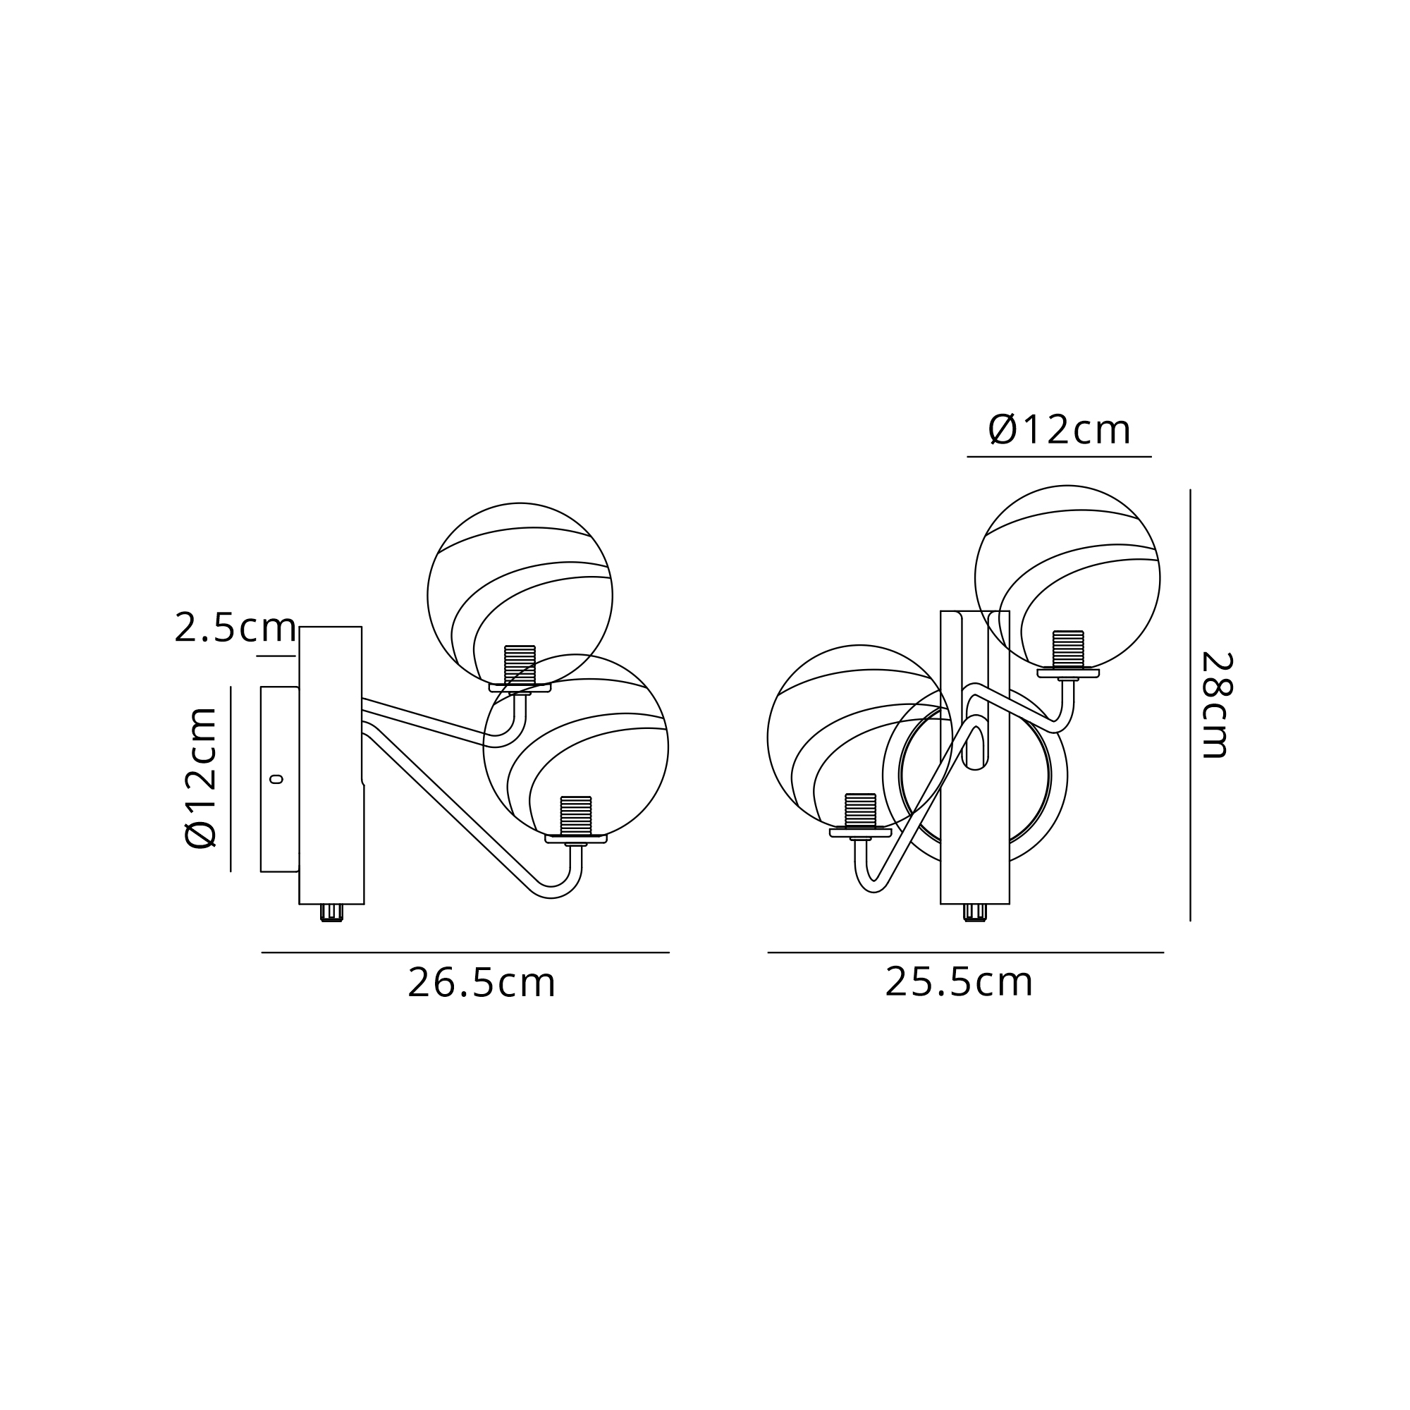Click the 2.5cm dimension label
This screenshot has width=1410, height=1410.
(235, 627)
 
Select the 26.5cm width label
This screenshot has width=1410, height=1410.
(482, 983)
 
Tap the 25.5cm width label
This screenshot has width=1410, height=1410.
(959, 982)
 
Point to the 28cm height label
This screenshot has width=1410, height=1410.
(1217, 705)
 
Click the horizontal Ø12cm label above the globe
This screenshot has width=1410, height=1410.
(1060, 429)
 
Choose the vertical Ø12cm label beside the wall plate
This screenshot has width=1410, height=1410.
(202, 778)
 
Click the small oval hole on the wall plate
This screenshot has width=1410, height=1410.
(276, 780)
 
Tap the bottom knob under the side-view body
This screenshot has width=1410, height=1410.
(332, 912)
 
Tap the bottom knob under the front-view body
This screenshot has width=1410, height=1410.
(975, 912)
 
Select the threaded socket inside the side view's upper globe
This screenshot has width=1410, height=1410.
(520, 666)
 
